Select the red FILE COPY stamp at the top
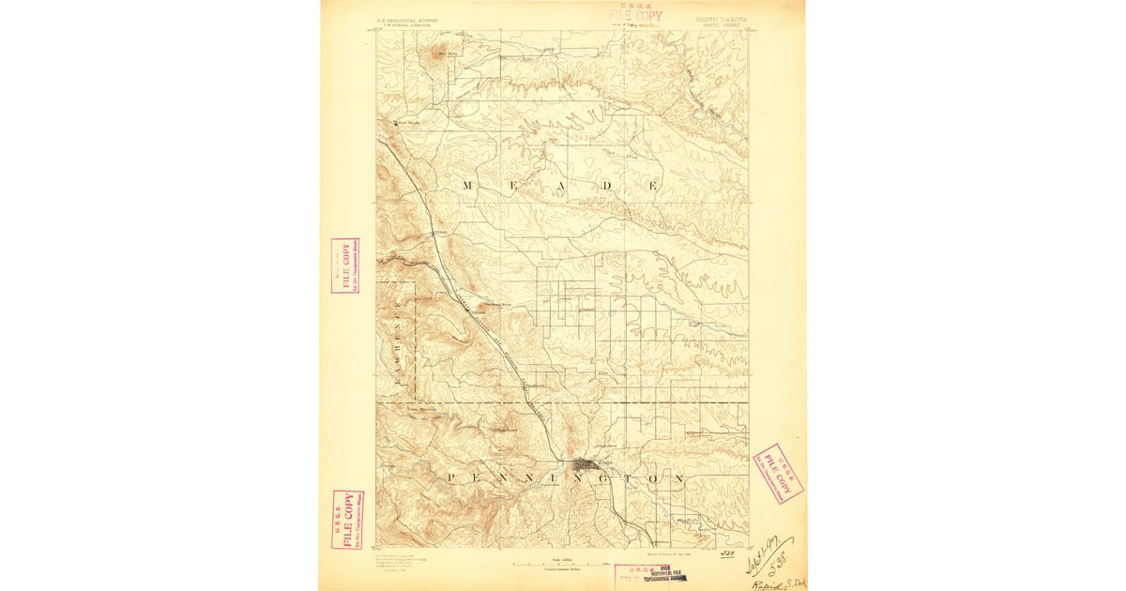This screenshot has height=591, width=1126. (x=635, y=15)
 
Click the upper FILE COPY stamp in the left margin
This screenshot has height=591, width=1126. (x=344, y=266)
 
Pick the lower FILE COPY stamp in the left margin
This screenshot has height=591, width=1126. (x=347, y=519)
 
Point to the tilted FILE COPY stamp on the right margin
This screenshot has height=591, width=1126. (x=778, y=472)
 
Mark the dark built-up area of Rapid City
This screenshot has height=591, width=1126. (x=583, y=462)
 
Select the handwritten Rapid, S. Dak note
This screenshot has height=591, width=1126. (x=777, y=582)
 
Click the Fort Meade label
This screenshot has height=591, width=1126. (x=409, y=122)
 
